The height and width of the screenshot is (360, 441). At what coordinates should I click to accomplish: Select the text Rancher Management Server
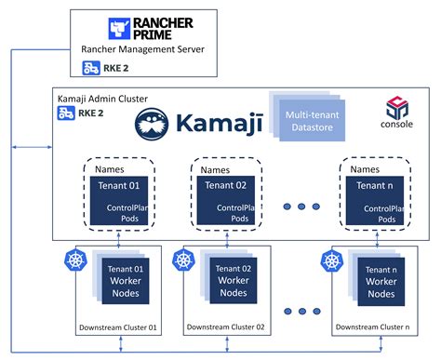coord(142,50)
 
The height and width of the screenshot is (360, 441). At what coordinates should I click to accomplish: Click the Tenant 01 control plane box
coord(114,200)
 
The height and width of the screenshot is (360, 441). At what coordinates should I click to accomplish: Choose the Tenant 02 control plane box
coord(224,200)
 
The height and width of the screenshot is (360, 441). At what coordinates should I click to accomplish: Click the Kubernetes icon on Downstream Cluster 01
coord(73,260)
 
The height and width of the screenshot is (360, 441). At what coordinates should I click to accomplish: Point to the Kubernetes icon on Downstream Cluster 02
coord(183,260)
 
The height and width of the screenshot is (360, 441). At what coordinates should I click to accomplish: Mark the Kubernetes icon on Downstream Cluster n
coord(331,260)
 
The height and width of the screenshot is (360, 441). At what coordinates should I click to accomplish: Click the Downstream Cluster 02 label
coord(226,327)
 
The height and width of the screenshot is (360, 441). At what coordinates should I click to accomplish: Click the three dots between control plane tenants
coord(301,208)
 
